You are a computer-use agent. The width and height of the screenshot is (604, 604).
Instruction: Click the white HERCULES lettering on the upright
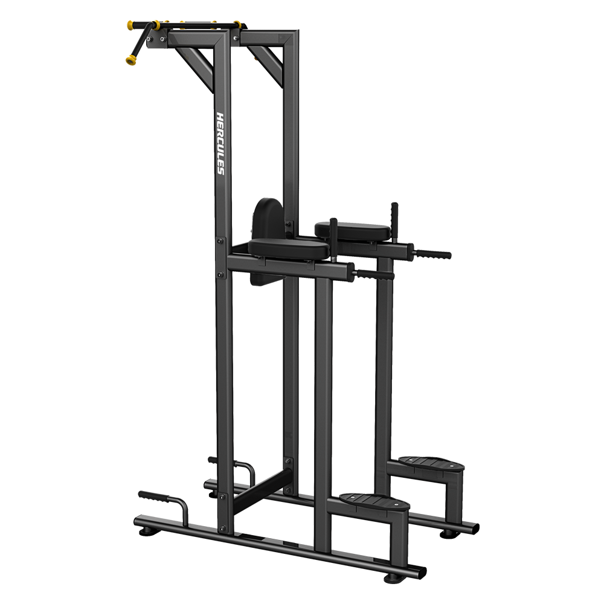(220, 143)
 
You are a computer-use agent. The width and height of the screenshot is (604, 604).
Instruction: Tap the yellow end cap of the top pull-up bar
(131, 25)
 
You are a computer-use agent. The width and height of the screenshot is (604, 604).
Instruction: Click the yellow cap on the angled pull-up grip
(130, 60)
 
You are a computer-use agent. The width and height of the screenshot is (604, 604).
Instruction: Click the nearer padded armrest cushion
(289, 249)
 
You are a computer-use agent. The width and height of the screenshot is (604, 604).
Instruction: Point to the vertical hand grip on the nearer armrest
(333, 239)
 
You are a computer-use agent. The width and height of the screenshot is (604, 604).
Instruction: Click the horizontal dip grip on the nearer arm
(374, 275)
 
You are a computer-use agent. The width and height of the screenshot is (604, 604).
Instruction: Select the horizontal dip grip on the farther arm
(432, 254)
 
